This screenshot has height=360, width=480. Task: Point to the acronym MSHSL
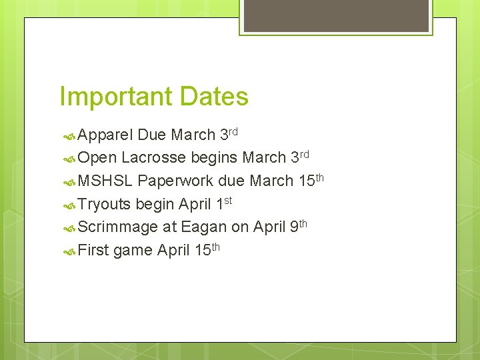106,181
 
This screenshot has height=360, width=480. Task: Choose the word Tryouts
105,204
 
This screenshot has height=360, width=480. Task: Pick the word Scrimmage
118,227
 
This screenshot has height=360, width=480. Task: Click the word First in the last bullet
94,251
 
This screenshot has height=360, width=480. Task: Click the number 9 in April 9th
294,227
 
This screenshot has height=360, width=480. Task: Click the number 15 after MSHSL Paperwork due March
306,181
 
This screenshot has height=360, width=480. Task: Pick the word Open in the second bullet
97,159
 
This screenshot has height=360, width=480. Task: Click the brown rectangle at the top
336,15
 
